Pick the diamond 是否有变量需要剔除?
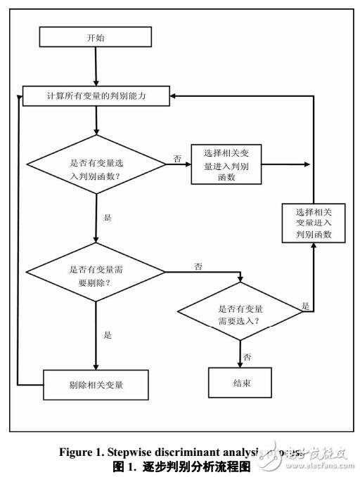pyautogui.click(x=96, y=275)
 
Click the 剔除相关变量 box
pyautogui.click(x=96, y=384)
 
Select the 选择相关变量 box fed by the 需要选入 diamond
pyautogui.click(x=314, y=223)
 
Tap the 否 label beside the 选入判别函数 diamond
pyautogui.click(x=176, y=159)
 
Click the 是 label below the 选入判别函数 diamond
pyautogui.click(x=108, y=218)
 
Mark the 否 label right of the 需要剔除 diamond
pyautogui.click(x=198, y=267)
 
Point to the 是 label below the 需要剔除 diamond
pyautogui.click(x=108, y=335)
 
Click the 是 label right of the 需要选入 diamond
pyautogui.click(x=305, y=306)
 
